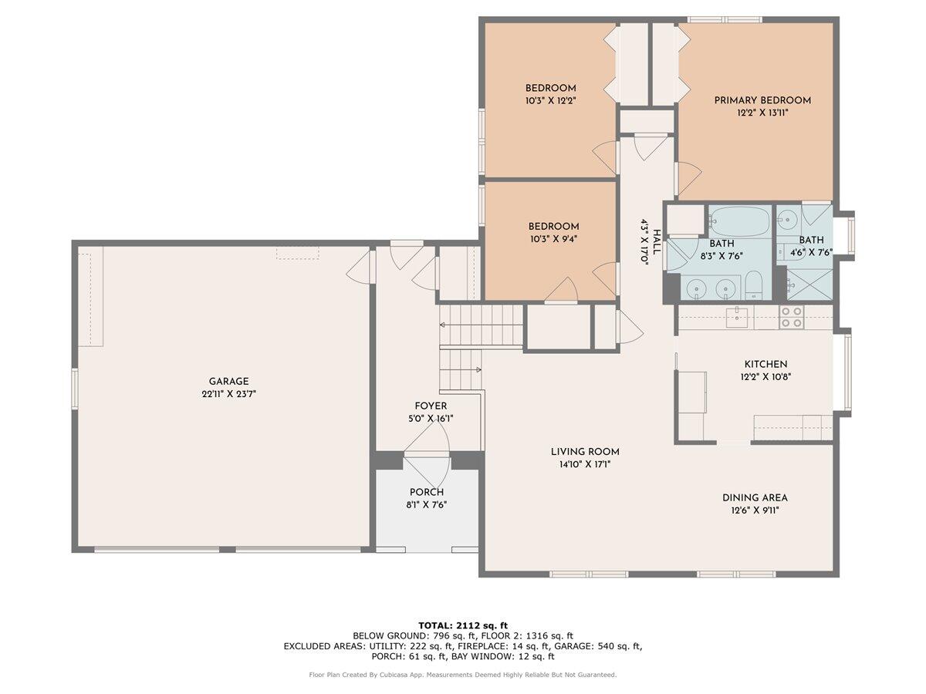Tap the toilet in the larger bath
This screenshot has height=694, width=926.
(x=754, y=288)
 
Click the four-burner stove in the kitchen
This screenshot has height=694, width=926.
(x=791, y=318)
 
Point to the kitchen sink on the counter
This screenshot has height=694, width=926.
(x=738, y=318)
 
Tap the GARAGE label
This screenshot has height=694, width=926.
(x=228, y=382)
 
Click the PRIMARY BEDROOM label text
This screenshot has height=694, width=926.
(x=762, y=100)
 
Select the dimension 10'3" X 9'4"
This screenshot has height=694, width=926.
(x=553, y=239)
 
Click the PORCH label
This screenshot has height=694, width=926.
(x=426, y=492)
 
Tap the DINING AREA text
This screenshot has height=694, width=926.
(x=754, y=498)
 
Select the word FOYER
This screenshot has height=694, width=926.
(x=430, y=406)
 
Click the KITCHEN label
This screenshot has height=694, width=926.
(x=765, y=365)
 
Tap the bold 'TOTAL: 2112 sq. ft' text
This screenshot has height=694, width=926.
(x=462, y=625)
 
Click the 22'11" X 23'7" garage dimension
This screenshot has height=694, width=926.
(x=228, y=394)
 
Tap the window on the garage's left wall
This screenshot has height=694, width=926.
(x=75, y=388)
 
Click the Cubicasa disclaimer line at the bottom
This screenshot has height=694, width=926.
(x=462, y=675)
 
